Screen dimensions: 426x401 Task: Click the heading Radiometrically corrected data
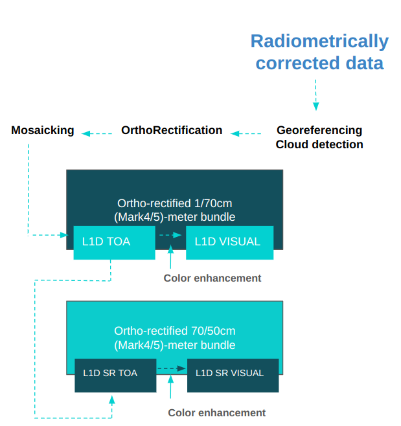319,52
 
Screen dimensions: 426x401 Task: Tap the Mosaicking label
43,131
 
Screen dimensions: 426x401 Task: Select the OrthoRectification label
172,131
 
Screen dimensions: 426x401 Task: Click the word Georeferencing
319,131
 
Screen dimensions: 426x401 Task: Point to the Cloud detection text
319,144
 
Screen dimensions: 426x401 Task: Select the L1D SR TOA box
115,375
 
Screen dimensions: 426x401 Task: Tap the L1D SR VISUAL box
233,375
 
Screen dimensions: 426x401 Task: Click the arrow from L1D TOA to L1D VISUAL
169,236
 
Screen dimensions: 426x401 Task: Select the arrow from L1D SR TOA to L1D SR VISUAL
171,368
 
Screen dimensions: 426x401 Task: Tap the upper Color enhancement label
212,278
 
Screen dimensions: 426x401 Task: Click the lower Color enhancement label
217,413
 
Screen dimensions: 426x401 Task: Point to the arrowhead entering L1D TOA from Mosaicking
65,234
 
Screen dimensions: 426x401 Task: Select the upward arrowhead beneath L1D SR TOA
111,399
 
